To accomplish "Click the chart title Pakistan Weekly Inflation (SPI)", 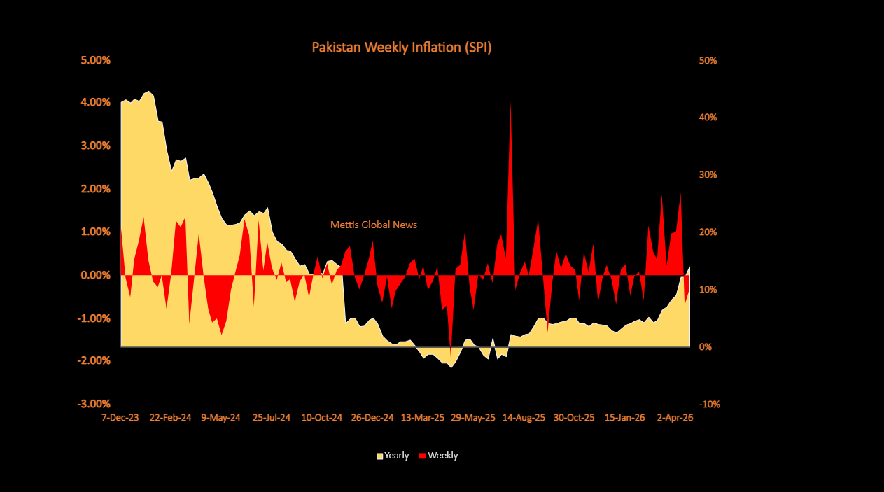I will click(402, 48).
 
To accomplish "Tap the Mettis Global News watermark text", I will click(373, 225).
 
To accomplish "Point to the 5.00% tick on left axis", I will click(96, 60).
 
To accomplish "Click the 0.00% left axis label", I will click(96, 275).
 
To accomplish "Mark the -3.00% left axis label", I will click(94, 404).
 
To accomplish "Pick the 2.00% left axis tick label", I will click(96, 189).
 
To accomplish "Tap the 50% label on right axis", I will click(708, 61).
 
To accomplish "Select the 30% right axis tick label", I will click(708, 175).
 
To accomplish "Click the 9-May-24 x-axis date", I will click(220, 418).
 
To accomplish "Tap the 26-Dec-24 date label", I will click(372, 418).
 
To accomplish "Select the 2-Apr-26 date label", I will click(675, 418).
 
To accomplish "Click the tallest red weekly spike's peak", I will click(510, 103).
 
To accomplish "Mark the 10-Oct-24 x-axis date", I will click(322, 418).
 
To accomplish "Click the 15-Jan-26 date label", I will click(624, 418).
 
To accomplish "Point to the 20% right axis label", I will click(708, 232).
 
